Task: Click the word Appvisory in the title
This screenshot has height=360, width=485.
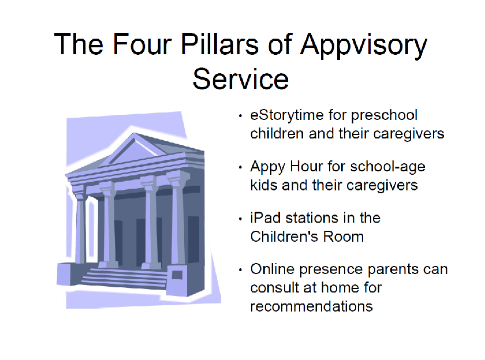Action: [x=364, y=46]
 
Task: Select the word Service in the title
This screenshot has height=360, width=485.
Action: [x=241, y=79]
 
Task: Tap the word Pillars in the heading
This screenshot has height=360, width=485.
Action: [x=219, y=44]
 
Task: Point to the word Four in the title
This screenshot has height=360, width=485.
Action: [x=142, y=44]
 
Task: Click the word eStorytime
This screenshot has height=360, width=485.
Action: [x=287, y=116]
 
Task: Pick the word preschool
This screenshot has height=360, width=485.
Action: [x=384, y=116]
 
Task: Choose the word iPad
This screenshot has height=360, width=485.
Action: [x=266, y=218]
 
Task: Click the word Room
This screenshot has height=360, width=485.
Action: [x=344, y=237]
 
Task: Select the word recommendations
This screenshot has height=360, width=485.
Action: [x=311, y=306]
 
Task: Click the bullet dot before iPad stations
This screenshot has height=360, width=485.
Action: [x=240, y=219]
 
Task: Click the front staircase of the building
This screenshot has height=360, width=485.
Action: [x=124, y=278]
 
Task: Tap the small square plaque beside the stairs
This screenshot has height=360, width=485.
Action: [x=177, y=275]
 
